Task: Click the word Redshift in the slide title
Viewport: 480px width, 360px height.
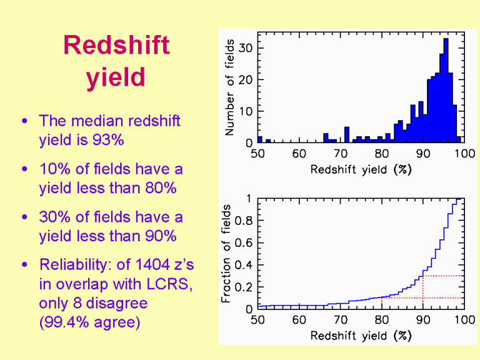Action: [116, 46]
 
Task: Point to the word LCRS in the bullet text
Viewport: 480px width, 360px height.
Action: [168, 284]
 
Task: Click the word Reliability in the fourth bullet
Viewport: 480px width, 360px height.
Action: [74, 265]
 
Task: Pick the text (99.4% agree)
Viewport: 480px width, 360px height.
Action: [89, 322]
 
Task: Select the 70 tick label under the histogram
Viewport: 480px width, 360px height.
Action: [340, 154]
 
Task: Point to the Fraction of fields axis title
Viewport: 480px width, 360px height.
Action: [226, 252]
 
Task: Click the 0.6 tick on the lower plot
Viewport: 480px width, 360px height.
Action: [243, 242]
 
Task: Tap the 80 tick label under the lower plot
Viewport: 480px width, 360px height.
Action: [381, 320]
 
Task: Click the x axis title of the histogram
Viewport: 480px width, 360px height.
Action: [361, 169]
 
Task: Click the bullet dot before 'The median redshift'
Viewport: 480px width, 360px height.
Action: [24, 121]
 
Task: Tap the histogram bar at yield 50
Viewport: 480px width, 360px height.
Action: [259, 140]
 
